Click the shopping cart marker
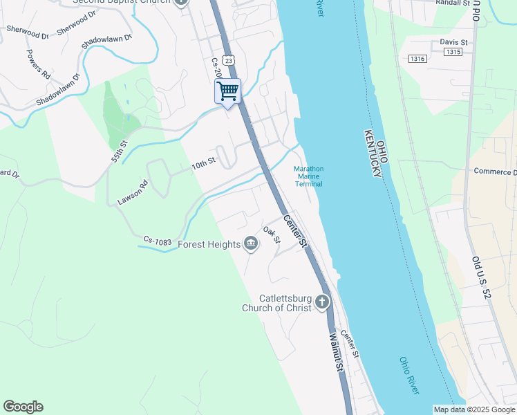point(227,92)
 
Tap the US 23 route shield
point(229,60)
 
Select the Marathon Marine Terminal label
point(309,176)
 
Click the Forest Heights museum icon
point(251,243)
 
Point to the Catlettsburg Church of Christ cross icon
point(322,302)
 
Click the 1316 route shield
point(417,58)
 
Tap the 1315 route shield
point(453,52)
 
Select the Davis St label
point(454,42)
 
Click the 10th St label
point(204,164)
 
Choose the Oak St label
point(271,235)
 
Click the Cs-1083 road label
point(158,240)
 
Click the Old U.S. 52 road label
point(481,277)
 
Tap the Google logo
point(23,407)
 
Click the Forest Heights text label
point(209,244)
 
